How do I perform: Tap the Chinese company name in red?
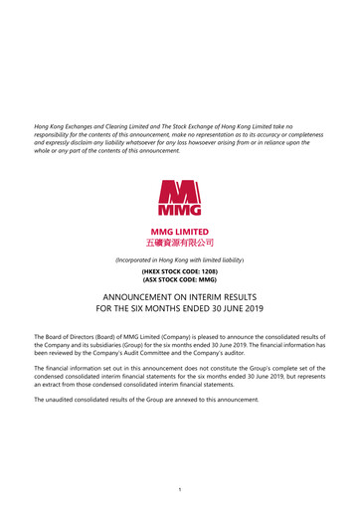click(180, 241)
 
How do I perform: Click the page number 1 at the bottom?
click(180, 489)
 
